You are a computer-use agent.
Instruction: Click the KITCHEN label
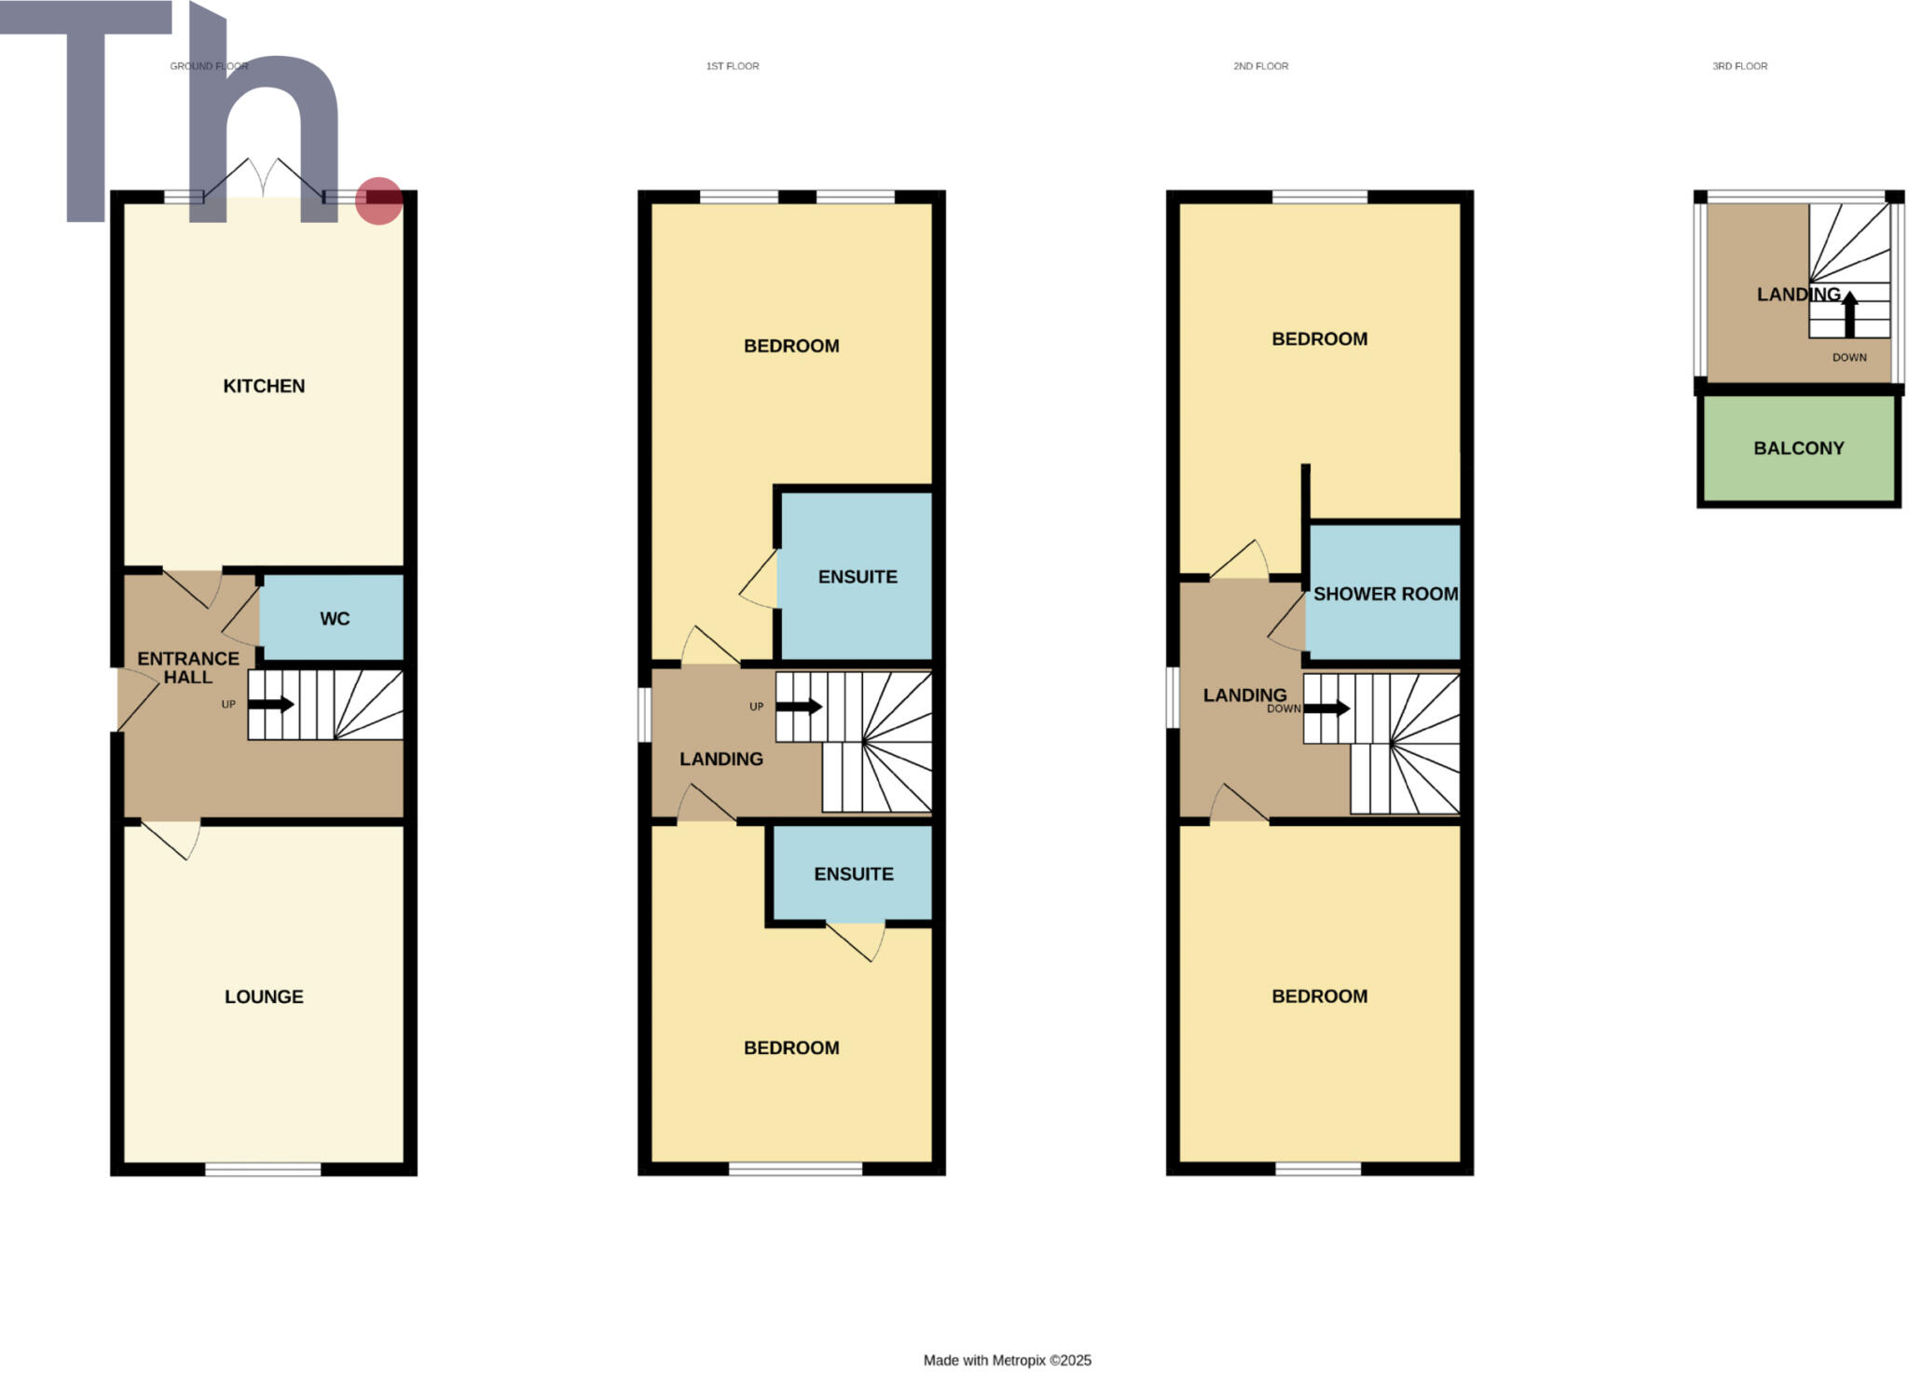click(264, 386)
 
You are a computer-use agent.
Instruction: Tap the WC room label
click(335, 618)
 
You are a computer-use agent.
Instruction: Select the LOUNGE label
click(264, 996)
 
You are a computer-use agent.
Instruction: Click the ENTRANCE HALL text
click(188, 667)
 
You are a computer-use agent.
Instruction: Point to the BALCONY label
click(1799, 448)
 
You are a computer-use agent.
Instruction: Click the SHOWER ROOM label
click(1385, 594)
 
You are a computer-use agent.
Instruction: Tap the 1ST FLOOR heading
click(733, 66)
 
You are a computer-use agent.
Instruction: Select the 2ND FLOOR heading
click(1260, 66)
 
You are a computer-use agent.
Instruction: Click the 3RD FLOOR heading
click(1739, 66)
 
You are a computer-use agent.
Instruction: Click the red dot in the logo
click(378, 200)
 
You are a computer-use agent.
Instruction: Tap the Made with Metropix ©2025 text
click(1007, 1360)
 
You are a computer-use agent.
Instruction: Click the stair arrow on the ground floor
click(271, 705)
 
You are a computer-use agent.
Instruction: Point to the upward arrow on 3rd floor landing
click(1849, 313)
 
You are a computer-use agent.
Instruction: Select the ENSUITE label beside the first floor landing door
click(858, 577)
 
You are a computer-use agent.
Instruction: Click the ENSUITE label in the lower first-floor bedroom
click(854, 873)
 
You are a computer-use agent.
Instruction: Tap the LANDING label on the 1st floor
click(721, 759)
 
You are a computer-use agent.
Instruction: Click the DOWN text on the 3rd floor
click(1849, 357)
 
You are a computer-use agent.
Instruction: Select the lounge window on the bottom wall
click(263, 1169)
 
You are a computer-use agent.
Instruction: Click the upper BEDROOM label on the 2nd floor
click(1320, 339)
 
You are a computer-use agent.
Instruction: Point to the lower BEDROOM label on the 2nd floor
click(1320, 996)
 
